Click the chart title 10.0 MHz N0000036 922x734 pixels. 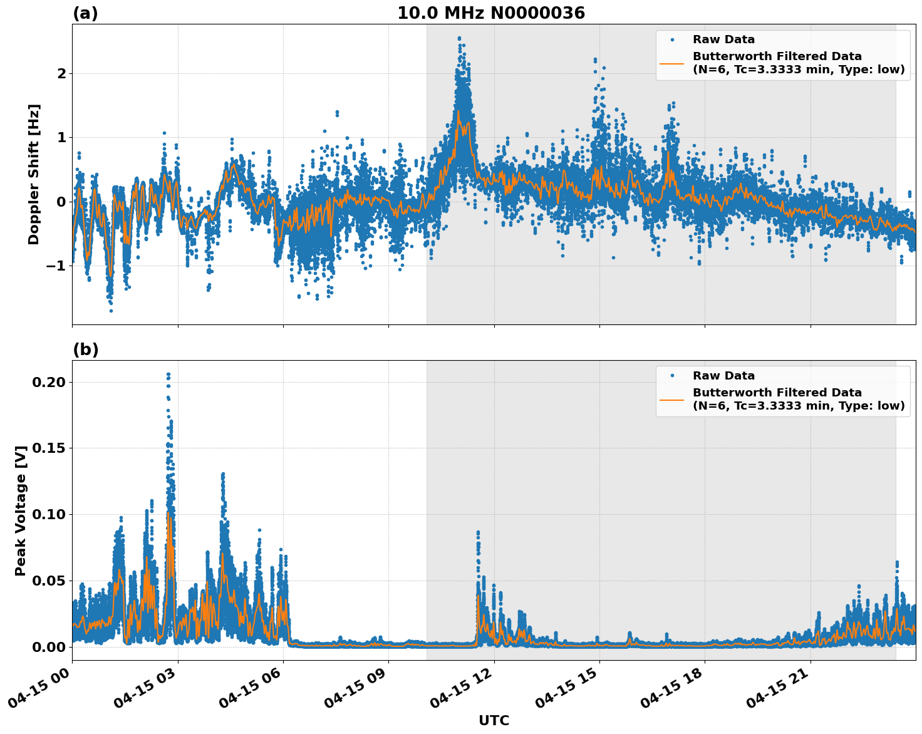[491, 13]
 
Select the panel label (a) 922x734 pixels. [85, 13]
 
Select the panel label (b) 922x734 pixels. [85, 349]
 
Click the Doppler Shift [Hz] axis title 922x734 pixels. [34, 174]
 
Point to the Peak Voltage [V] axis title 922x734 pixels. [21, 510]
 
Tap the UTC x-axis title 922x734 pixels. [494, 720]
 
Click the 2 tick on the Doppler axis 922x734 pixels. [61, 73]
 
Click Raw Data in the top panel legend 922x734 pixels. [723, 39]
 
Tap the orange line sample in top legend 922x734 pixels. [673, 63]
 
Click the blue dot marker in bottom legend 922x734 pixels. [672, 376]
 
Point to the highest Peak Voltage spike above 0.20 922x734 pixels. [168, 375]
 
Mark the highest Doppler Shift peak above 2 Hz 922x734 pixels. [459, 38]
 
